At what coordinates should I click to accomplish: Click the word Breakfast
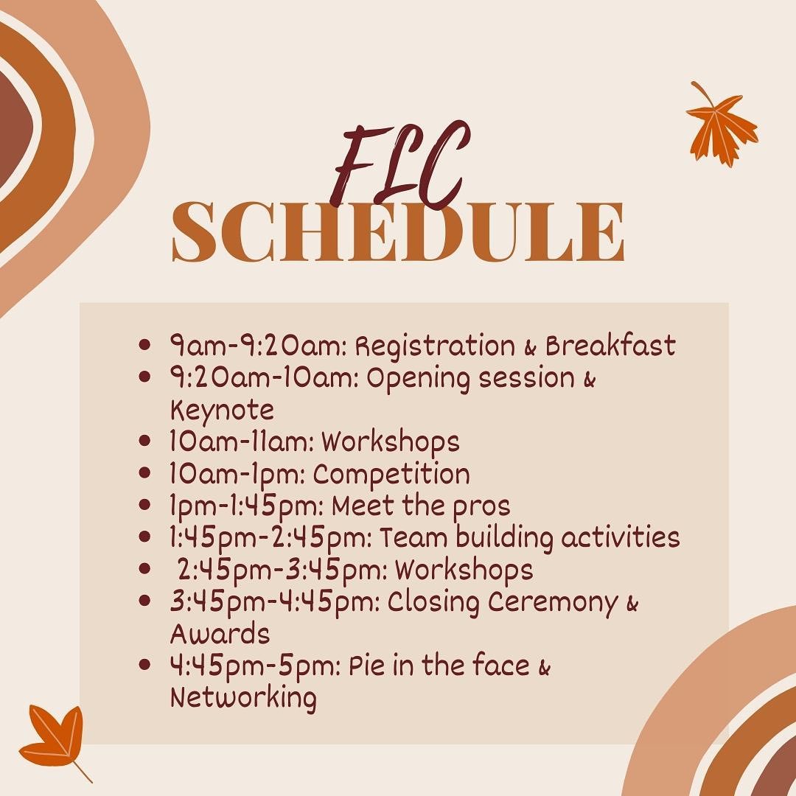click(610, 345)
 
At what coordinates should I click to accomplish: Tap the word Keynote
click(222, 410)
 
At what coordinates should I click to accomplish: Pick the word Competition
click(391, 474)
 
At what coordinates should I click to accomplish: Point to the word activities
click(620, 537)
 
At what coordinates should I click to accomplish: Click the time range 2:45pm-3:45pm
click(282, 570)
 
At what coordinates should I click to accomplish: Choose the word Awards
click(220, 634)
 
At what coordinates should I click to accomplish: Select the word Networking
click(243, 697)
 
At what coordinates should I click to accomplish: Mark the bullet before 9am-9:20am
click(145, 345)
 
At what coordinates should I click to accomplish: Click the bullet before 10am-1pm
click(145, 474)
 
